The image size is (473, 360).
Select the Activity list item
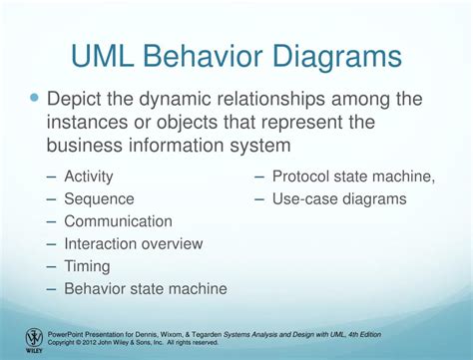89,177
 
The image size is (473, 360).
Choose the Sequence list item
99,198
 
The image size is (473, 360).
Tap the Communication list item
118,221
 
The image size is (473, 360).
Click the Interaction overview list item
133,243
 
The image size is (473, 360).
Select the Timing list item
86,266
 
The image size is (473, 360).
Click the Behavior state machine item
145,289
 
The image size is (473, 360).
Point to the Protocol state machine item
353,177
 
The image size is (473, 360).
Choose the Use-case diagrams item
339,198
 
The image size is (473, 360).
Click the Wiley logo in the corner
34,338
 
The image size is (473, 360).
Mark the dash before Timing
51,266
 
